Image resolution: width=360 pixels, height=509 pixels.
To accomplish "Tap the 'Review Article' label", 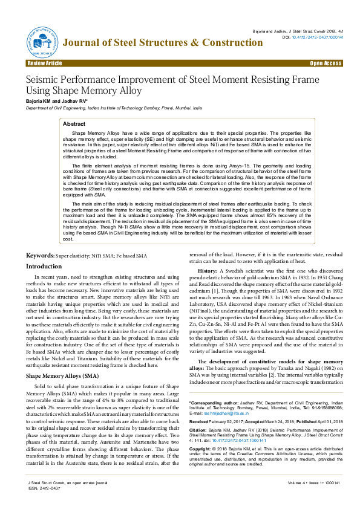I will (x=44, y=63).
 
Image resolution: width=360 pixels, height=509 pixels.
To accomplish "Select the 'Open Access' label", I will (x=326, y=63).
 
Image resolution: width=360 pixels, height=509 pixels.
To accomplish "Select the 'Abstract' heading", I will (x=83, y=123).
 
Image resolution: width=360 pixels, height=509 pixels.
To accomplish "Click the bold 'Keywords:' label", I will (x=39, y=256).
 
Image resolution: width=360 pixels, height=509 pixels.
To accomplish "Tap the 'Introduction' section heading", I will (x=44, y=266).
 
